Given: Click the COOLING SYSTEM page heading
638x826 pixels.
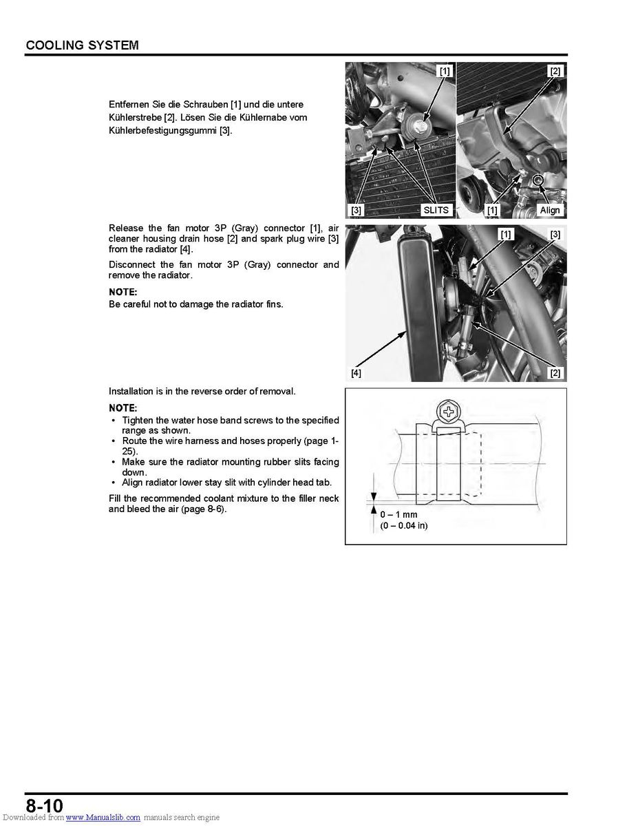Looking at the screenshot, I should tap(82, 45).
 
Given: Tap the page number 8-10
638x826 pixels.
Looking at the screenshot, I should tap(45, 805).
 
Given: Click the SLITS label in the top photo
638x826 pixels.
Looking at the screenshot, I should tap(436, 210).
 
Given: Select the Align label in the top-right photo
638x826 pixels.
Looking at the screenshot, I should tap(550, 210).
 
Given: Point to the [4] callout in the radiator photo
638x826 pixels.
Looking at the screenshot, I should tap(356, 373).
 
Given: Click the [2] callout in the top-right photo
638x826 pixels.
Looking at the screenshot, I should tap(555, 71).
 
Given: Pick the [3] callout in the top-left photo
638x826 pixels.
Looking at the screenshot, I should tap(356, 210).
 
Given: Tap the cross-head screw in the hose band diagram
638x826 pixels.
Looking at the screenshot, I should tap(449, 414).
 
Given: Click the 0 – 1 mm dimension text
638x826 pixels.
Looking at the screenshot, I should tap(399, 514).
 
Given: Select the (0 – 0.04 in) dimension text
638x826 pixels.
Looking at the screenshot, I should tap(404, 526).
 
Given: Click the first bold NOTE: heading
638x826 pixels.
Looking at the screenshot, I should tap(123, 292).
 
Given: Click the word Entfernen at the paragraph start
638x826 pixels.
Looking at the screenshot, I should tap(129, 104).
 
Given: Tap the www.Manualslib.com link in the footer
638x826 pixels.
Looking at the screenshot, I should tap(103, 818).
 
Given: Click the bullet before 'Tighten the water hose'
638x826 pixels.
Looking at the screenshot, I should tap(113, 420).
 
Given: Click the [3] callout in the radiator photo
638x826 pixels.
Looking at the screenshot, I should tap(555, 235).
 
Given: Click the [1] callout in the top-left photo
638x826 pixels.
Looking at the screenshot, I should tap(445, 71).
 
